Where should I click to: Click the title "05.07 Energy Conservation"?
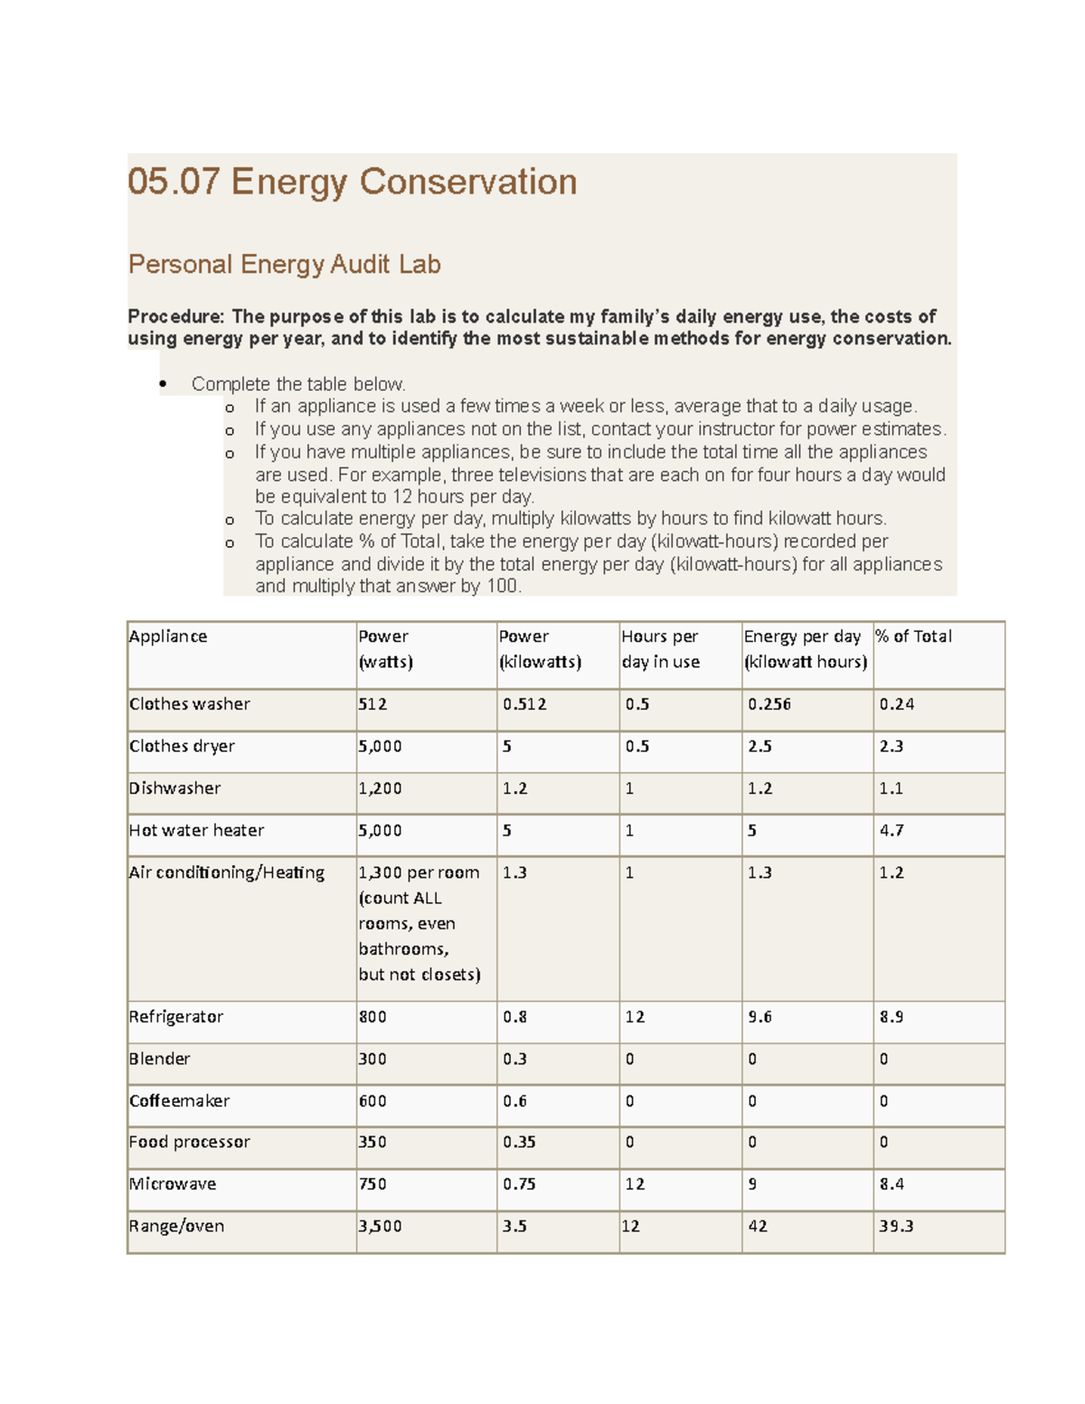[x=352, y=182]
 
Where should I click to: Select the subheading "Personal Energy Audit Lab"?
[x=284, y=264]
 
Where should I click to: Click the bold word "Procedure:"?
[x=175, y=316]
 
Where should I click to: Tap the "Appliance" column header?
[x=168, y=636]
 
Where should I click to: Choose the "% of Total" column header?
[x=913, y=636]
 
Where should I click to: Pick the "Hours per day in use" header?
[x=660, y=649]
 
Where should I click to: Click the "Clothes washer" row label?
[x=189, y=704]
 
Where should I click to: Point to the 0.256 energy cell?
[x=769, y=704]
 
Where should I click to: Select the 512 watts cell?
[x=373, y=704]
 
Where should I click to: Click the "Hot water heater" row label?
[x=196, y=830]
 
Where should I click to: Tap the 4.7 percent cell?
[x=892, y=830]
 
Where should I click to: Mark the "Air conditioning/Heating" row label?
[x=226, y=872]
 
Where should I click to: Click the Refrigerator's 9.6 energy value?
[x=759, y=1017]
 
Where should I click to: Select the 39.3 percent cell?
[x=896, y=1227]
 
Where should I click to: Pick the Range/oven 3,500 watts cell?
[x=380, y=1227]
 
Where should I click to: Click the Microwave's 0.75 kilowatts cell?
[x=519, y=1184]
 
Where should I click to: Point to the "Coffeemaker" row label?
[x=179, y=1101]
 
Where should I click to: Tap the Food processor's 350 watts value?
[x=373, y=1142]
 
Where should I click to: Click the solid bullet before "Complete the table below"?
[x=163, y=384]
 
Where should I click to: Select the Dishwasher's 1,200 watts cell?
[x=380, y=788]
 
